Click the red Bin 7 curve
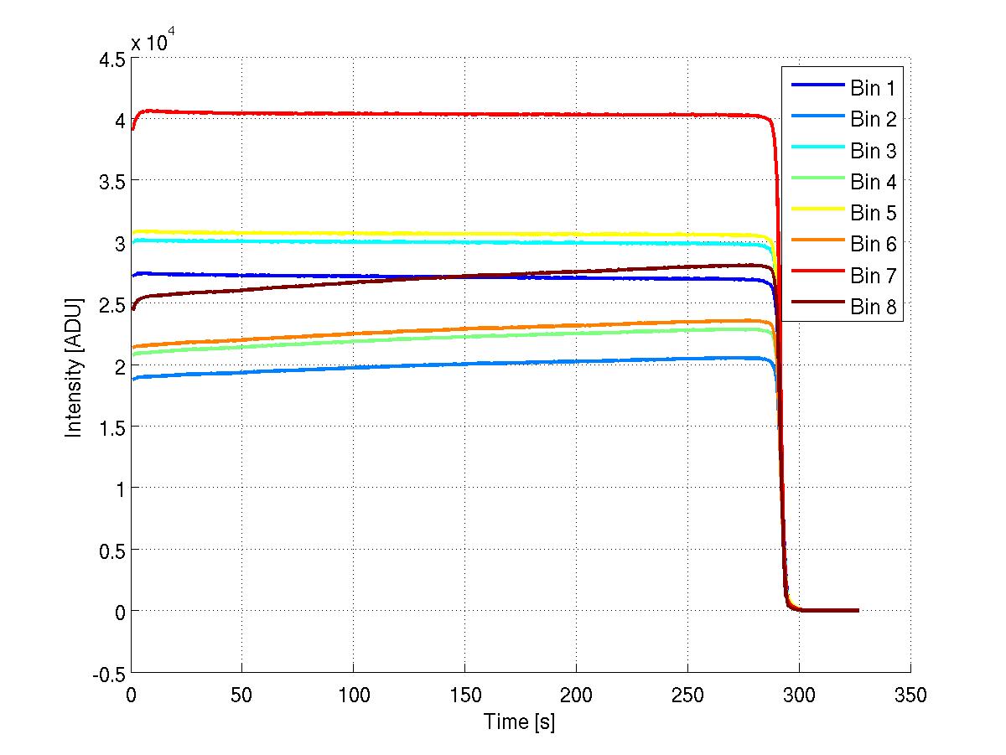click(419, 114)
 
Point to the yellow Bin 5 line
click(419, 234)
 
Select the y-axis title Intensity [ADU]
click(75, 366)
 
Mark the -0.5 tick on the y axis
click(108, 673)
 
